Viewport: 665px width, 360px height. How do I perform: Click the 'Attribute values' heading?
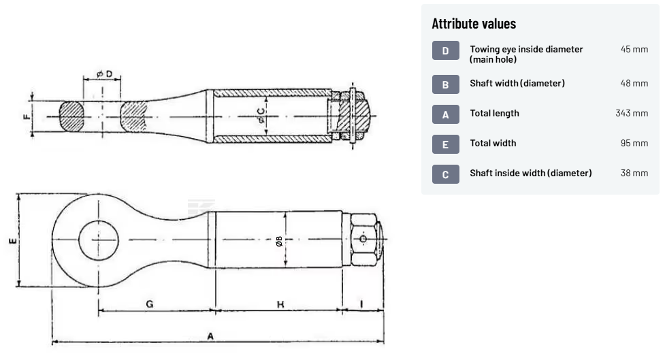point(474,24)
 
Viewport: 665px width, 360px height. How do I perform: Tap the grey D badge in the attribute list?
point(445,50)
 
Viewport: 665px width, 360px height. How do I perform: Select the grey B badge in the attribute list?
point(445,84)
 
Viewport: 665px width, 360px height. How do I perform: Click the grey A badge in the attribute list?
point(445,114)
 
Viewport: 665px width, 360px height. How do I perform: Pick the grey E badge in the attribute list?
point(445,144)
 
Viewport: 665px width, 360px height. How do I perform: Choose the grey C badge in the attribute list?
point(445,174)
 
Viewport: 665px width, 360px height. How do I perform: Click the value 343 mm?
point(632,113)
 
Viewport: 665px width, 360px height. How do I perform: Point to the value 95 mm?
point(634,144)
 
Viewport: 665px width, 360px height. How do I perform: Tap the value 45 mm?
point(634,49)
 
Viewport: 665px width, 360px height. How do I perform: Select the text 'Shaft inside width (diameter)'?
point(530,173)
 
